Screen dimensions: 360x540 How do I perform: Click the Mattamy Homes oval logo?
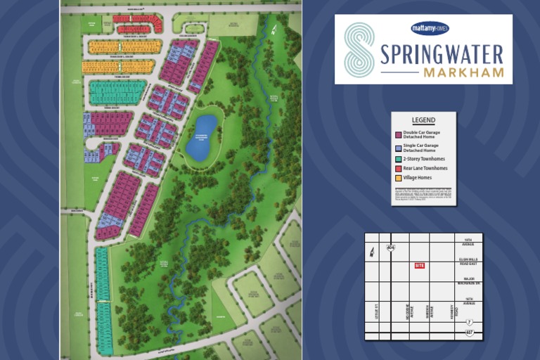click(x=430, y=28)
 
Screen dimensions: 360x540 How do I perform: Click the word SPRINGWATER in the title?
click(x=442, y=55)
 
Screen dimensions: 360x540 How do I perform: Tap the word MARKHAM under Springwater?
click(x=463, y=72)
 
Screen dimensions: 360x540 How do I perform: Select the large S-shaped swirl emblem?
click(x=359, y=49)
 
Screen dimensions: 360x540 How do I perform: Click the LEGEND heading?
click(x=423, y=120)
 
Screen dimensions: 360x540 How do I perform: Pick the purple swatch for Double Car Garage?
click(x=398, y=134)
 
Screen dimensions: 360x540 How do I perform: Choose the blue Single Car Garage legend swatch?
click(x=398, y=148)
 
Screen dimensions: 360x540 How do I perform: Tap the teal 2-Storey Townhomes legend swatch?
click(x=398, y=159)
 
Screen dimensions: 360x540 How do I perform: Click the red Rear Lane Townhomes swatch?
click(x=398, y=169)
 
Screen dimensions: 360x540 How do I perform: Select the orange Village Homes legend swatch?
click(x=398, y=178)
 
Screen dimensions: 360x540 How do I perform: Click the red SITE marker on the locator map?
click(x=420, y=266)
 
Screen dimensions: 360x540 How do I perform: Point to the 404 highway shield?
click(x=390, y=247)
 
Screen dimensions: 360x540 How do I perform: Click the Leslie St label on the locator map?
click(x=377, y=310)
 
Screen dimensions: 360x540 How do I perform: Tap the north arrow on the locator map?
click(x=372, y=251)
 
